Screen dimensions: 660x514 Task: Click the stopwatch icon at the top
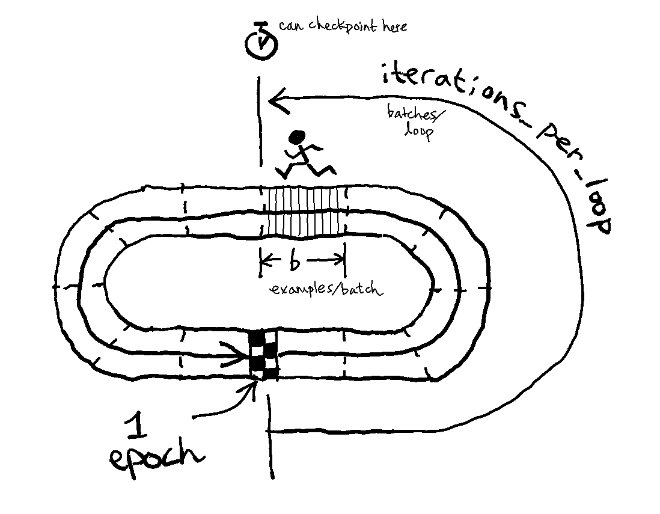[x=261, y=41]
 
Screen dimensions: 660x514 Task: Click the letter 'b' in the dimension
[x=295, y=261]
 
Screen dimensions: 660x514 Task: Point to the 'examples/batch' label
[x=325, y=289]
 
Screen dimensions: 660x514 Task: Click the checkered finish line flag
[x=264, y=354]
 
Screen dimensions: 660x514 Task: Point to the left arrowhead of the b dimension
[x=265, y=260]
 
